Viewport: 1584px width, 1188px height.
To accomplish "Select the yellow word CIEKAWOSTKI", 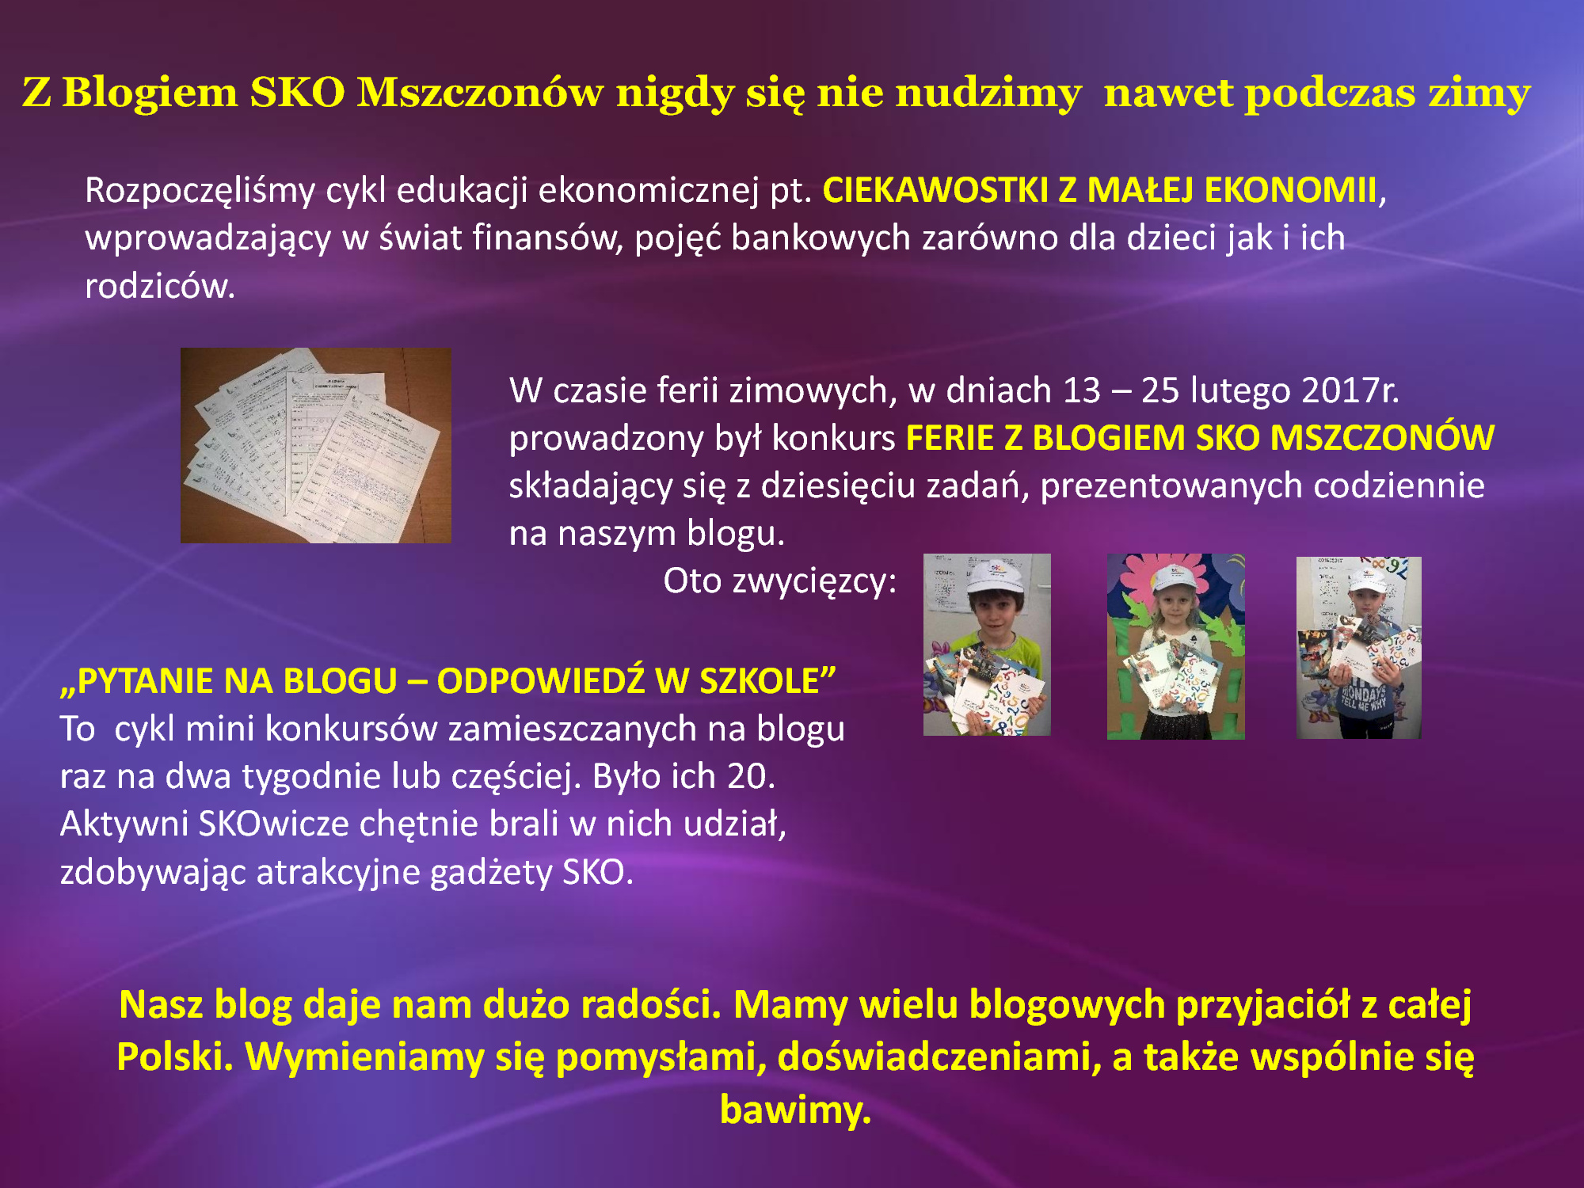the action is click(935, 190).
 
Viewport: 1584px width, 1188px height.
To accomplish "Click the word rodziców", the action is click(160, 286).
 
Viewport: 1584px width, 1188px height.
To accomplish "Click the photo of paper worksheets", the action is click(316, 445).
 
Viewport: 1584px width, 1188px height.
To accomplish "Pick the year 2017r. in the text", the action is click(1350, 390).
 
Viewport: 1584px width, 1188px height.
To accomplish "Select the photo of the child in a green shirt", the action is click(987, 645).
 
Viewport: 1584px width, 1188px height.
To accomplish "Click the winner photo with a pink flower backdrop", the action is click(1175, 646).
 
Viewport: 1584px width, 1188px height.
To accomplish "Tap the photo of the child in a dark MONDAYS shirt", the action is click(1358, 648).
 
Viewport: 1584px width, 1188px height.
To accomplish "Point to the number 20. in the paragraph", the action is click(752, 776).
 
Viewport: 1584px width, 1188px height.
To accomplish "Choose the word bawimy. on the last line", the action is click(795, 1110).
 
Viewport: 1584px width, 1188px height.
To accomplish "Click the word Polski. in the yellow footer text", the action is click(175, 1057).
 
